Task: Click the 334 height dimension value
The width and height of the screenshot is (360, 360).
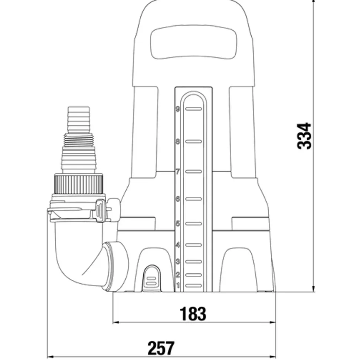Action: [x=305, y=136]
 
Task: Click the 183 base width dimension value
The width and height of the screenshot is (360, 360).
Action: [x=193, y=314]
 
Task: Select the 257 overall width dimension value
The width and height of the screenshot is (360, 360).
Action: [x=161, y=348]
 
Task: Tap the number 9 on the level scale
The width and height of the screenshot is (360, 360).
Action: [x=178, y=109]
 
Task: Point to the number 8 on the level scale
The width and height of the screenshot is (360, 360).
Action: [x=178, y=142]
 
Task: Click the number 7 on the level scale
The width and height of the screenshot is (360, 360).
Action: [x=178, y=172]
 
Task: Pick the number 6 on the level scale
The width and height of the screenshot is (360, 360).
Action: [x=178, y=199]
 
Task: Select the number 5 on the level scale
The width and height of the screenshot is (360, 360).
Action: [x=178, y=224]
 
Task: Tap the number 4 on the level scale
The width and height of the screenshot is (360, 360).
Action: [x=178, y=245]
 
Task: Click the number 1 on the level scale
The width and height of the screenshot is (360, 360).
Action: [x=178, y=285]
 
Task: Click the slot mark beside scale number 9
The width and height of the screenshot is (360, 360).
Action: [x=193, y=109]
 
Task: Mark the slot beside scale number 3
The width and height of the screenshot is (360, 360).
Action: [x=193, y=262]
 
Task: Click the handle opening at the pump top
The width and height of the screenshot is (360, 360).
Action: [x=193, y=44]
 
